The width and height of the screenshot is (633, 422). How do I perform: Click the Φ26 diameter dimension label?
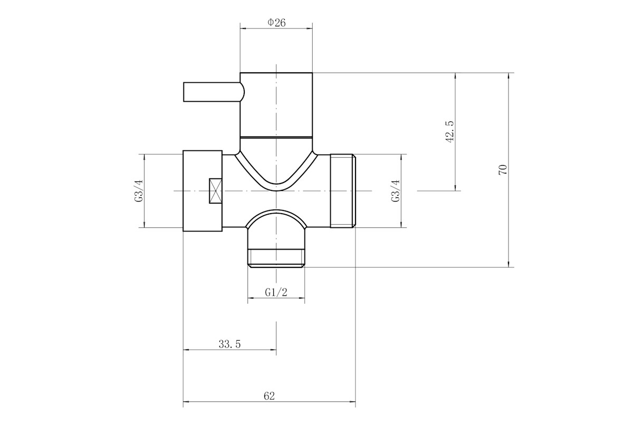[276, 23]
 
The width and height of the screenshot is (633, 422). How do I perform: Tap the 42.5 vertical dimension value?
[449, 132]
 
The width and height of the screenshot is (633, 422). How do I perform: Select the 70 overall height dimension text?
[503, 170]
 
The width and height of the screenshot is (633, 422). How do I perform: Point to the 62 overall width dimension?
[269, 396]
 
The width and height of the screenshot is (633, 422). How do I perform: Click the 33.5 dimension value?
[229, 344]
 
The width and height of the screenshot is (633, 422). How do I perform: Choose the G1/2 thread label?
[276, 292]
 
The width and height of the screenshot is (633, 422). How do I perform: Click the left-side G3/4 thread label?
[139, 191]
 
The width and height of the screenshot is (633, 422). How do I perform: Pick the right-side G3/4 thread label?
[396, 191]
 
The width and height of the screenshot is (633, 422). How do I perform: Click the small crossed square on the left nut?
[215, 191]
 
